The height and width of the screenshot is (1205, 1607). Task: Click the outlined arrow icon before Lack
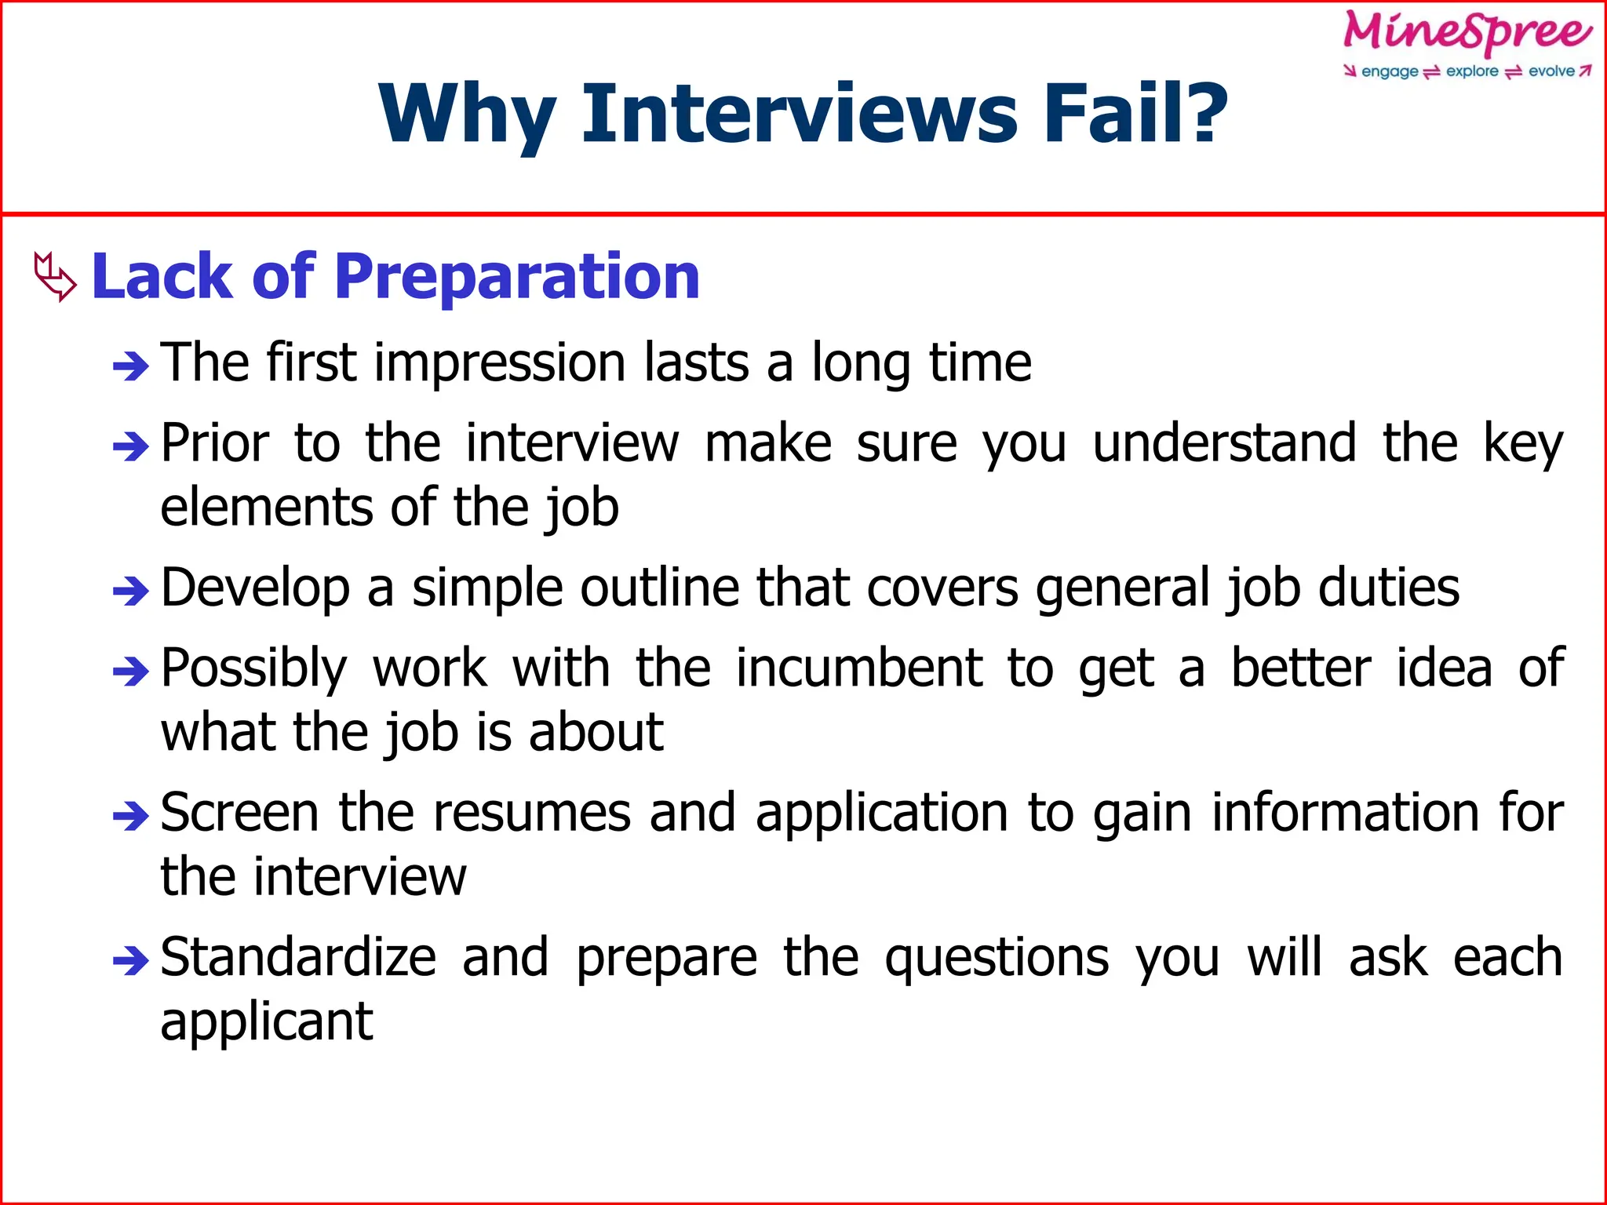pos(55,276)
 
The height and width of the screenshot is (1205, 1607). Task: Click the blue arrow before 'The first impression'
pos(130,366)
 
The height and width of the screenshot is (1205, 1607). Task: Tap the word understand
pos(1224,443)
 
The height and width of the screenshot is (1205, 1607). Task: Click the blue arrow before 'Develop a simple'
pos(130,591)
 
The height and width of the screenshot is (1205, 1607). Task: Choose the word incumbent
pos(859,668)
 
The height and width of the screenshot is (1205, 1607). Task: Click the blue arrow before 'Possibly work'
pos(130,672)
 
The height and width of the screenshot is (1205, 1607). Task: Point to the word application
pos(882,814)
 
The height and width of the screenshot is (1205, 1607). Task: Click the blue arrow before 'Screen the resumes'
pos(130,817)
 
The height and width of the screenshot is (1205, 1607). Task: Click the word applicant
pos(267,1022)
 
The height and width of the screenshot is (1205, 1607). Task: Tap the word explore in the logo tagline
pos(1472,71)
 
